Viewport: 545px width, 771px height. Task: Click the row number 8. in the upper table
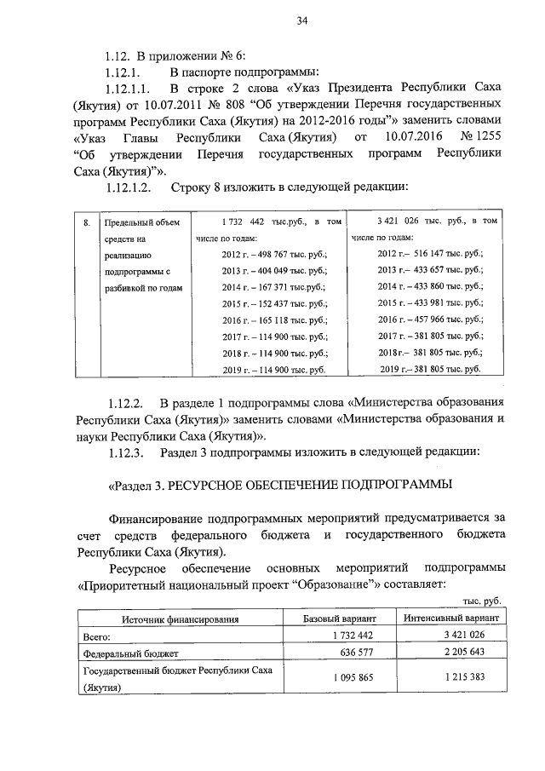87,222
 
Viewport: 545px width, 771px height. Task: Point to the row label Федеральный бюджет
125,653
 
